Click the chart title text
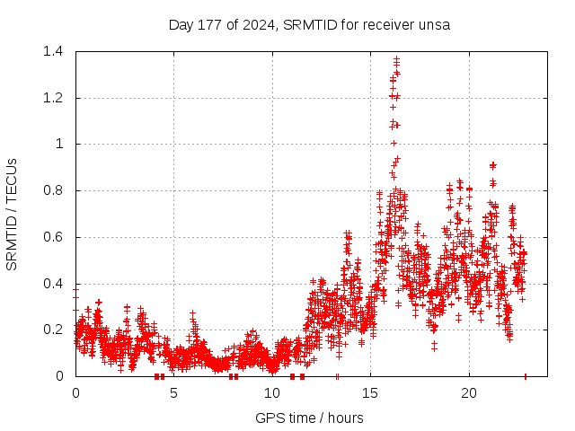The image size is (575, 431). click(309, 24)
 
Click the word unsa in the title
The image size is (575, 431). click(434, 24)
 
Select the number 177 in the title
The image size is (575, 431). click(212, 24)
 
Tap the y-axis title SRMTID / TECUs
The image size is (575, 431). click(12, 214)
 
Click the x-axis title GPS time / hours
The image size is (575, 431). click(309, 418)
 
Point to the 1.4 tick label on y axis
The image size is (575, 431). click(50, 51)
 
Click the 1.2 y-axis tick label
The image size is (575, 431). click(50, 98)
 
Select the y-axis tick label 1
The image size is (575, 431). click(59, 144)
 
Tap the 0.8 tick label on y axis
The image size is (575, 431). click(50, 190)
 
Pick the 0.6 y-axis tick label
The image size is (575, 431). click(50, 237)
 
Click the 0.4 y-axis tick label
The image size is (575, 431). click(50, 284)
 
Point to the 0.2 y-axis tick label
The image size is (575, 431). click(50, 330)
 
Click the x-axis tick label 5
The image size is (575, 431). click(174, 392)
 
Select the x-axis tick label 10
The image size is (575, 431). click(272, 392)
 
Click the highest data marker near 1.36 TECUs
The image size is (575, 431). click(396, 60)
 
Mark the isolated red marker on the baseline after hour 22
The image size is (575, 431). click(525, 376)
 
